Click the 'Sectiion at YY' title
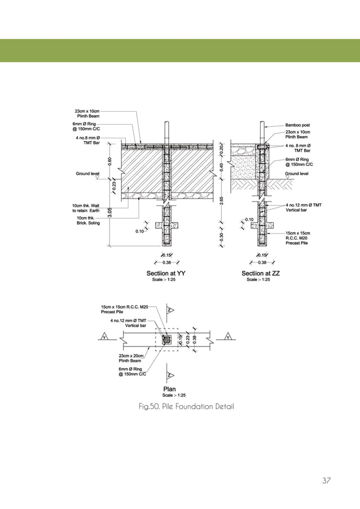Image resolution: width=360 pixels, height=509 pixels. point(166,273)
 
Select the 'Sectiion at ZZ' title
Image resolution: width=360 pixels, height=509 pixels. point(260,273)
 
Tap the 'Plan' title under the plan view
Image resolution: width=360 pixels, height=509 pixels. point(169,389)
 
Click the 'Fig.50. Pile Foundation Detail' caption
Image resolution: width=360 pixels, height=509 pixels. point(186,406)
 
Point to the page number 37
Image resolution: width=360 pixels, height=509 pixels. point(326,480)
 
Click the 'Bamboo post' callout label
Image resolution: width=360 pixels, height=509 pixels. point(297,125)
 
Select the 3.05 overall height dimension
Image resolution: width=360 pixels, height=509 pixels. point(109,213)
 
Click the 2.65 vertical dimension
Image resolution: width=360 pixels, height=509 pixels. point(221,201)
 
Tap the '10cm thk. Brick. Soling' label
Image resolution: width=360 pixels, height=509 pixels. point(88,221)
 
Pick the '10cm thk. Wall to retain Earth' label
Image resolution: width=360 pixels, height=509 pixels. point(86,208)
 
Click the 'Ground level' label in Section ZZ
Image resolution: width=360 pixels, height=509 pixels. point(297,174)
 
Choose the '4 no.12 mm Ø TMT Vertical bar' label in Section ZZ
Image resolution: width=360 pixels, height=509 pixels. point(304,208)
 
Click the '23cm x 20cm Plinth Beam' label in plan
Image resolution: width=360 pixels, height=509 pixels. point(131,358)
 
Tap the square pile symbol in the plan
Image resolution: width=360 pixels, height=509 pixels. point(167,340)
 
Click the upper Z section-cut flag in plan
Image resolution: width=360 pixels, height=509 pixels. point(170,310)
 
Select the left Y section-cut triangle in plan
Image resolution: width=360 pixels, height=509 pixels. point(104,337)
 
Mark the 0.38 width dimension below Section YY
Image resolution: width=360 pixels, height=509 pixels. point(166,262)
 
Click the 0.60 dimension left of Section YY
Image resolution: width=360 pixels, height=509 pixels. point(109,161)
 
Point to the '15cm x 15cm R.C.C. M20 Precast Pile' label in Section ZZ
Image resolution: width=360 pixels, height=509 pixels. point(298,238)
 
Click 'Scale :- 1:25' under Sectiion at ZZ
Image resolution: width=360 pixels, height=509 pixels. point(258,279)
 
